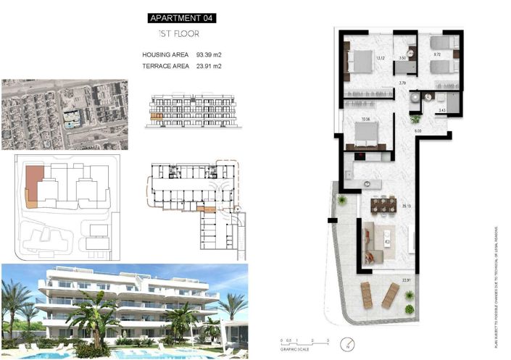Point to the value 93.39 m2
tap(209, 54)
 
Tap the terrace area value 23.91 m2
tap(209, 66)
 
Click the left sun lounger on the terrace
tap(368, 293)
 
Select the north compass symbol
tap(349, 345)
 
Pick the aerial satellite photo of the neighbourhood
tap(65, 114)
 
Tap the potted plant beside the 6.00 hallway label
tap(415, 119)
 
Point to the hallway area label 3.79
tap(403, 83)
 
